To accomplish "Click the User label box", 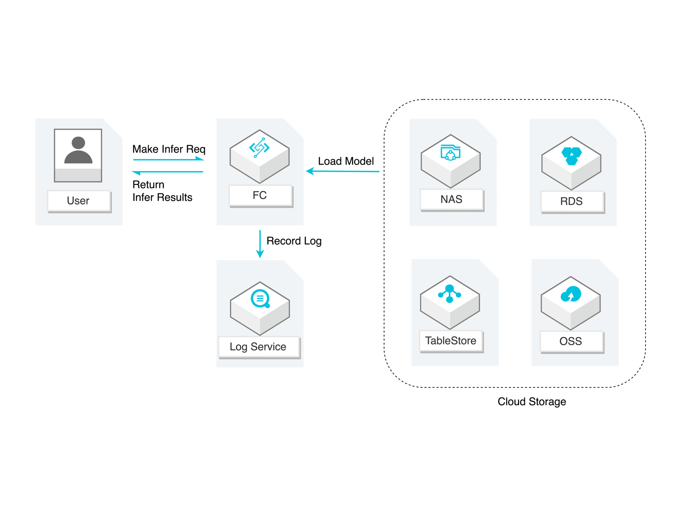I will pyautogui.click(x=79, y=201).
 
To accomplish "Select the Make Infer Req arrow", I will pyautogui.click(x=168, y=159).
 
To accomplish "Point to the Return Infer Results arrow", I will pyautogui.click(x=168, y=172).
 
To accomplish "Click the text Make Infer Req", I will pyautogui.click(x=169, y=149).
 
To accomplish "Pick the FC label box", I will pyautogui.click(x=260, y=195).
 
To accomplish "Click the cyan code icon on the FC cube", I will pyautogui.click(x=259, y=147).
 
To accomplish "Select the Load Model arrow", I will pyautogui.click(x=342, y=171).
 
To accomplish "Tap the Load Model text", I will pyautogui.click(x=346, y=161).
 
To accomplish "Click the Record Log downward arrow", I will pyautogui.click(x=260, y=244).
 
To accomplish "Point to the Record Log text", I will pyautogui.click(x=294, y=241).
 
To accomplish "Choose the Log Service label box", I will pyautogui.click(x=259, y=347).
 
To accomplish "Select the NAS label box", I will pyautogui.click(x=452, y=199).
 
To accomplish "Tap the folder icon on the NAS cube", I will pyautogui.click(x=450, y=153).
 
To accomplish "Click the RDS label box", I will pyautogui.click(x=572, y=201).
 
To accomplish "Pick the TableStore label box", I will pyautogui.click(x=451, y=341).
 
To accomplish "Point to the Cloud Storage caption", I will pyautogui.click(x=532, y=402).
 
